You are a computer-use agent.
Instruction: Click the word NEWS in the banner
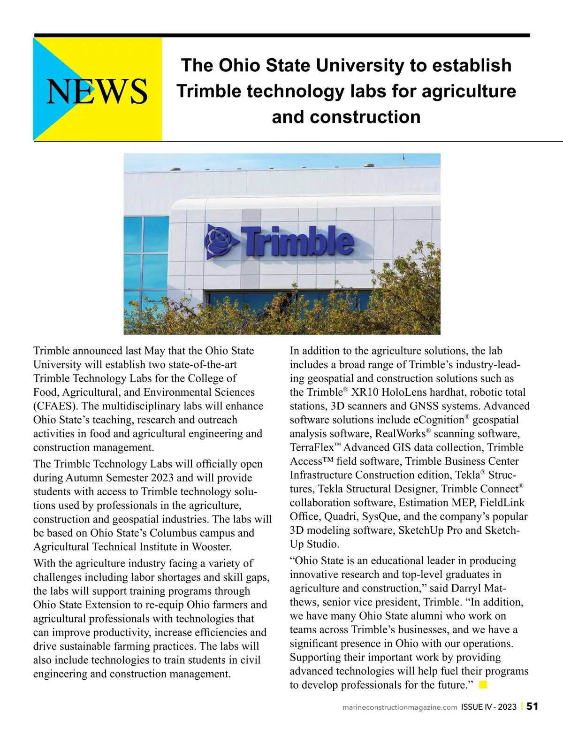[97, 91]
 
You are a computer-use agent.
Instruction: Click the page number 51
[532, 706]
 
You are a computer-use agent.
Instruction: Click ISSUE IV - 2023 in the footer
[488, 707]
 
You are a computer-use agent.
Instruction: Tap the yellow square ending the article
[483, 685]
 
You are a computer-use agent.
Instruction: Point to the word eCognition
[438, 420]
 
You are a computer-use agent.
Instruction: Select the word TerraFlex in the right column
[312, 448]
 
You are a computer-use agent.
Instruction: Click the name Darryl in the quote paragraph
[466, 588]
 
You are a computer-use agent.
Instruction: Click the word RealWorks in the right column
[400, 434]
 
